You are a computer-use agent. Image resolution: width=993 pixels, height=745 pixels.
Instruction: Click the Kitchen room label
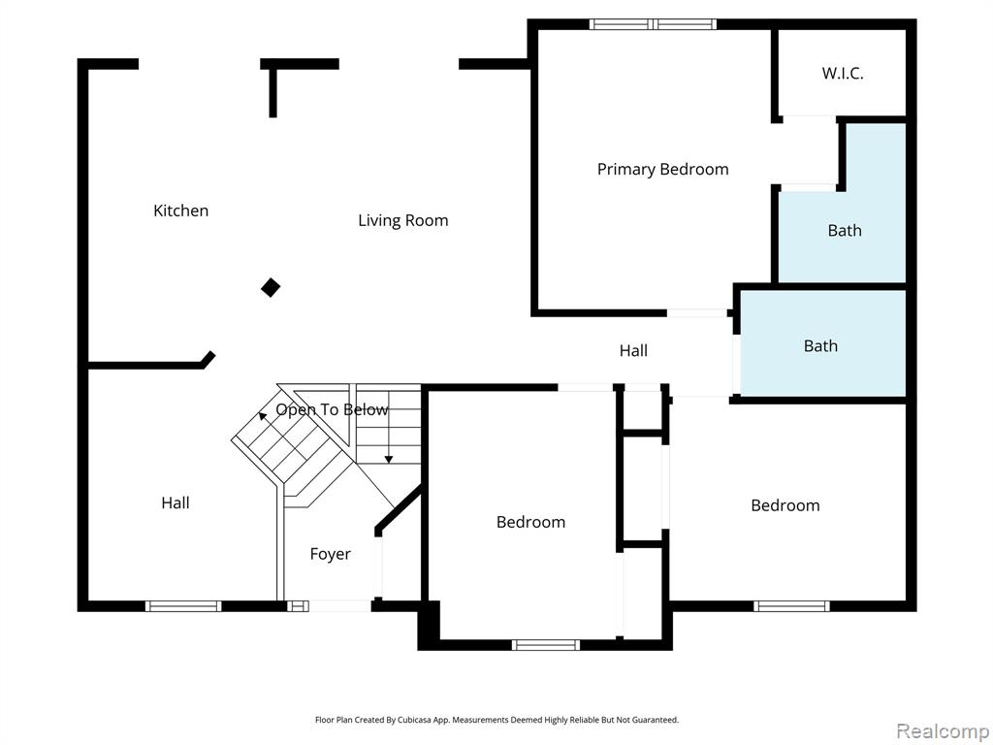180,211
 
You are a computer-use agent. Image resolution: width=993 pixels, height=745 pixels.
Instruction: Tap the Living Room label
402,220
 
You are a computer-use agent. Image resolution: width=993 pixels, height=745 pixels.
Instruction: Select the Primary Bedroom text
662,169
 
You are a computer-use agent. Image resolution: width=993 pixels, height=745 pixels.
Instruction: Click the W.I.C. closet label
842,73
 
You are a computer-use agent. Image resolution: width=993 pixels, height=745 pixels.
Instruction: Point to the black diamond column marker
271,287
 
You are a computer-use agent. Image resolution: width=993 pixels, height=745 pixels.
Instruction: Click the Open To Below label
332,409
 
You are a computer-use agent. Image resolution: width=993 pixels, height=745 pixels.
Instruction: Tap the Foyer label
330,554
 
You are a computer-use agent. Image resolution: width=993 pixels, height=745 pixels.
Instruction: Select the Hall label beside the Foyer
176,502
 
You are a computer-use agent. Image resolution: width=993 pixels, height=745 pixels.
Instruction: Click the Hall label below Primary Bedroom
633,350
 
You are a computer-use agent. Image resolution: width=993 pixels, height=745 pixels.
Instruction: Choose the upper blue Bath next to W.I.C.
844,230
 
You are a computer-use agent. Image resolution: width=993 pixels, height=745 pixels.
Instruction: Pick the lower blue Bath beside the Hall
820,345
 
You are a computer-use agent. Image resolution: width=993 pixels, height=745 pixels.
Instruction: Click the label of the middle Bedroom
530,522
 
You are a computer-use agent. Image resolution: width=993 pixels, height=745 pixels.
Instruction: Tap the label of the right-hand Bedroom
785,505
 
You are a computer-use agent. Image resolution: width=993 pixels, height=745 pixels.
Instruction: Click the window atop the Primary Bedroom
653,24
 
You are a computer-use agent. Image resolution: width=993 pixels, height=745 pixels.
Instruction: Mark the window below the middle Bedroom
545,644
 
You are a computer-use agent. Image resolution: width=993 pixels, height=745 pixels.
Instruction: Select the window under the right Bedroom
791,606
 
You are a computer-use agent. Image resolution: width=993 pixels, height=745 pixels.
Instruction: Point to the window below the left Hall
183,606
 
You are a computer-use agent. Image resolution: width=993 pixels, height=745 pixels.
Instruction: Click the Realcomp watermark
942,729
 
